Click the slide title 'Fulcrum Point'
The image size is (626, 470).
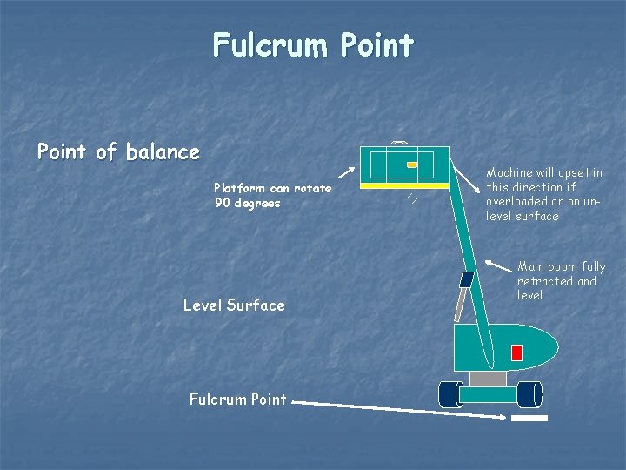[x=313, y=44]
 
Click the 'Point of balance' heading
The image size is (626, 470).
[x=118, y=152]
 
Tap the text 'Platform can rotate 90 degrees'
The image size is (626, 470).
[x=272, y=196]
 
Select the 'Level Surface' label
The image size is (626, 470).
[x=234, y=305]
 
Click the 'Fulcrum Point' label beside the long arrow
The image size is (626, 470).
[x=237, y=399]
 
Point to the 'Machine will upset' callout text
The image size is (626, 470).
[x=543, y=194]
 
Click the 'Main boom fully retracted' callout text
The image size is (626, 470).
[x=561, y=280]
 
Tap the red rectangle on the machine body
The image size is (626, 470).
[x=516, y=352]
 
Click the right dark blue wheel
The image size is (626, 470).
[x=529, y=395]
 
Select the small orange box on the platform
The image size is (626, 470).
[x=412, y=164]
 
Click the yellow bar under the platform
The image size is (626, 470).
[x=405, y=185]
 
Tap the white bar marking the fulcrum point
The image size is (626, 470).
[x=529, y=419]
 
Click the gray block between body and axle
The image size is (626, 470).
[x=487, y=379]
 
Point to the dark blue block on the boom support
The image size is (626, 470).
[x=466, y=279]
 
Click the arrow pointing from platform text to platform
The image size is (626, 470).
[x=345, y=177]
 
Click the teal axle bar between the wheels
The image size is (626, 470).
[x=488, y=394]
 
